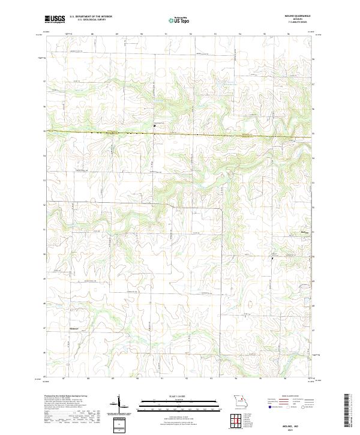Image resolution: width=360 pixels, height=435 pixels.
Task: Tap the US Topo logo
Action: pyautogui.click(x=180, y=20)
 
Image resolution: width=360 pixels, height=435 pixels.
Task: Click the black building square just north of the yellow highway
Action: pyautogui.click(x=154, y=125)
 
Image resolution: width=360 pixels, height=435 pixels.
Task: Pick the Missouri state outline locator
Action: pyautogui.click(x=239, y=401)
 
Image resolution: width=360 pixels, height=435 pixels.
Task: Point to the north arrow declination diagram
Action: pyautogui.click(x=119, y=403)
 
